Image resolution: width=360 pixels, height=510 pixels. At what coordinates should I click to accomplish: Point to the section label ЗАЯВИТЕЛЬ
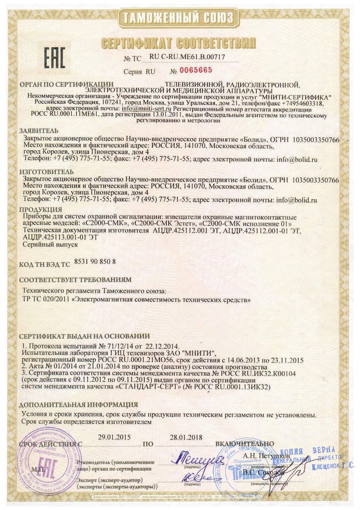pos(38,130)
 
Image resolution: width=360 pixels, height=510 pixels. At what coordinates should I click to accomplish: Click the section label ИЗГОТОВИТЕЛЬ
pos(46,171)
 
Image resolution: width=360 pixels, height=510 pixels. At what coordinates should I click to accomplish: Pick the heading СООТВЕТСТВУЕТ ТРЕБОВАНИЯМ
pos(75,279)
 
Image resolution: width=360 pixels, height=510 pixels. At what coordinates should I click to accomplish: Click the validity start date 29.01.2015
pos(115,437)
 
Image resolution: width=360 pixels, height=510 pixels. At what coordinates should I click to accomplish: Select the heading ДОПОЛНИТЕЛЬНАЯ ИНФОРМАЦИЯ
pos(79,404)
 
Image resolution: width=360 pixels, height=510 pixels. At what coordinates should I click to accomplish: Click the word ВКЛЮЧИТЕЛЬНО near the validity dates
pos(245,444)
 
